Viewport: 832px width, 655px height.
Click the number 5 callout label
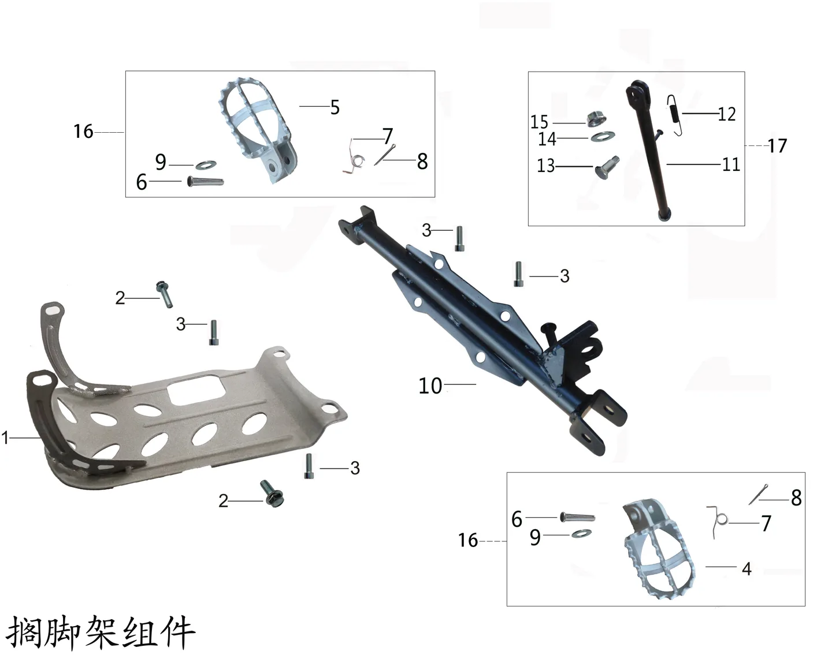[335, 107]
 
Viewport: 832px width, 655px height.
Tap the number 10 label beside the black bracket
[430, 386]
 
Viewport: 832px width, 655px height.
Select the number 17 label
[777, 146]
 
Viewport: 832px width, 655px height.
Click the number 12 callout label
[727, 114]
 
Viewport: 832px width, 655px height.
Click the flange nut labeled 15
[596, 119]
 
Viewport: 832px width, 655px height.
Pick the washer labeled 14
[603, 136]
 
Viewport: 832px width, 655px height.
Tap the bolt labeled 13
[607, 167]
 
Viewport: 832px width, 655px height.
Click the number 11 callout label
[731, 165]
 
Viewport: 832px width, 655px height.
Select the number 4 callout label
[746, 569]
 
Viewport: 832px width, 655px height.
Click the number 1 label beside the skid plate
[5, 438]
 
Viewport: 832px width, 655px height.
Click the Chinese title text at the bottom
[101, 632]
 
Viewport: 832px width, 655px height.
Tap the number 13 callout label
[546, 166]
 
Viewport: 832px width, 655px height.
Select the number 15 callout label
[539, 122]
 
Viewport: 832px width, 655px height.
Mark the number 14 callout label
[547, 139]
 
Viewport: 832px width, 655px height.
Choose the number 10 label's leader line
[460, 384]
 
